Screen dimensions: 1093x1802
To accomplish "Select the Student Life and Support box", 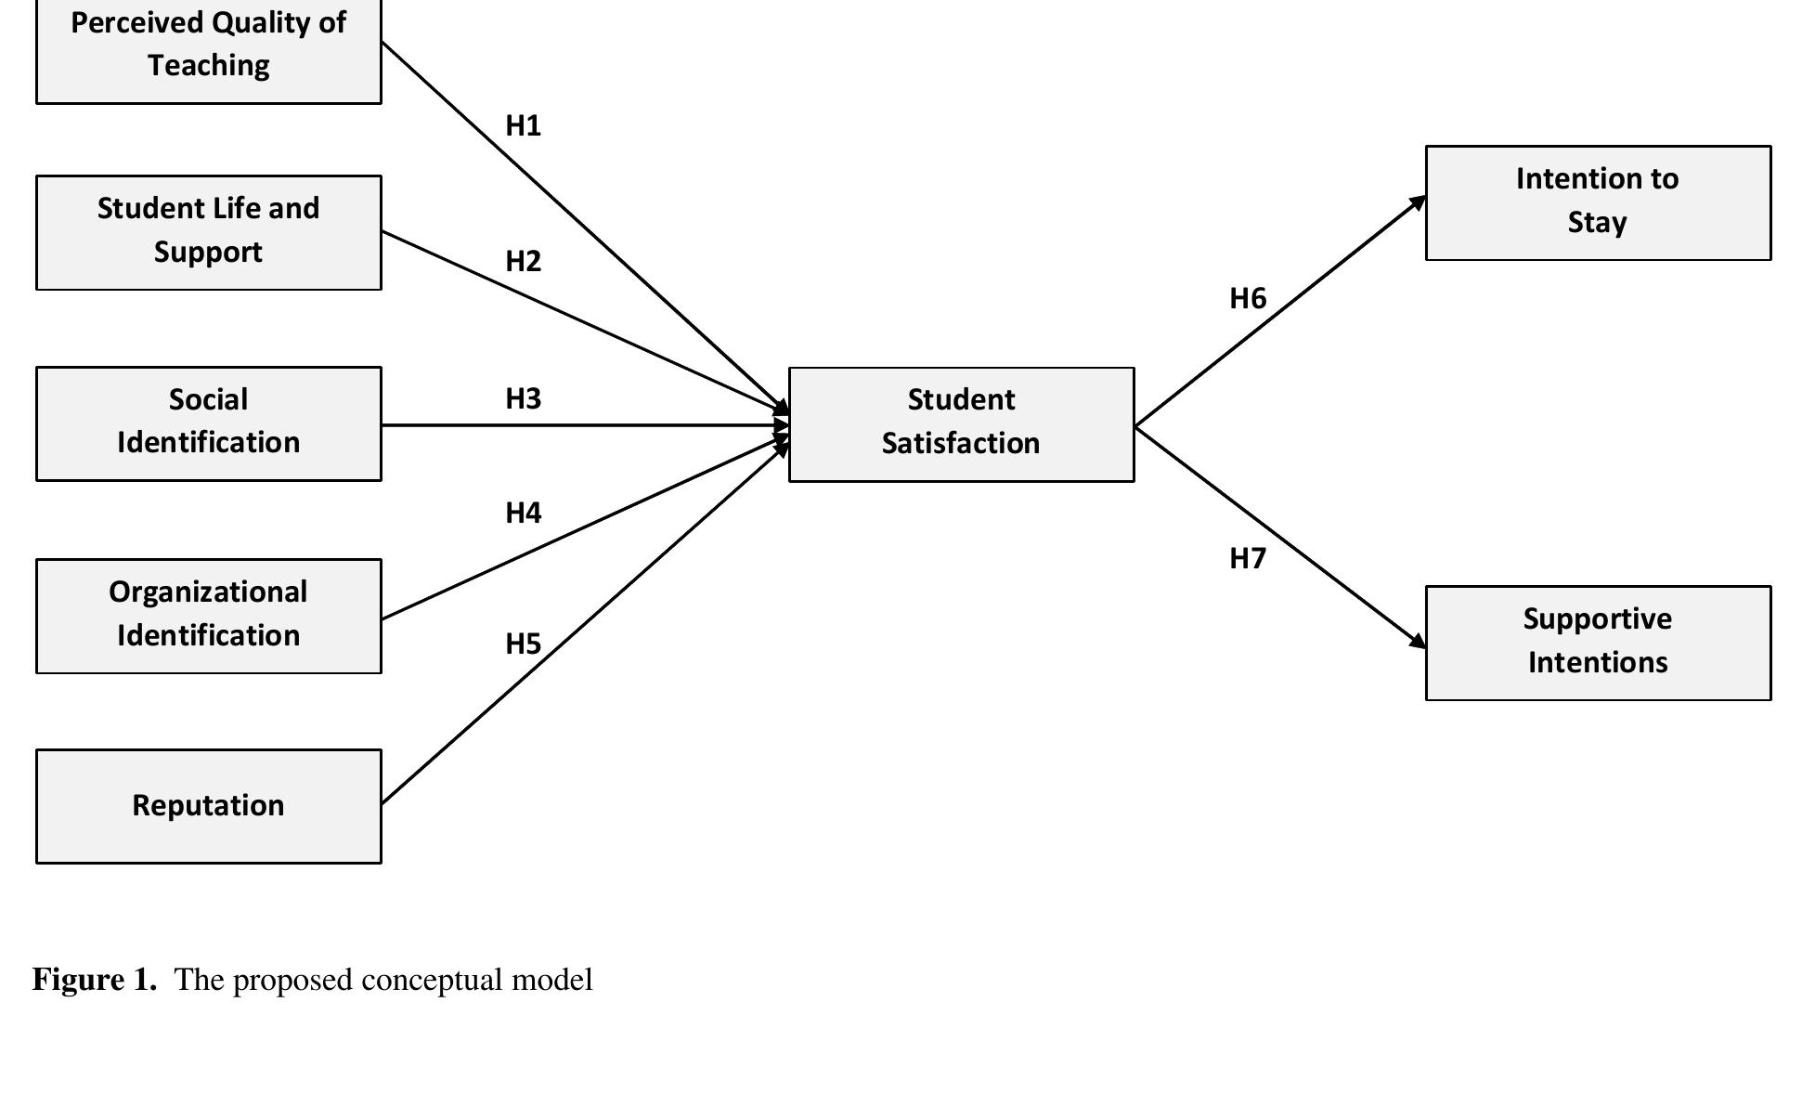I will click(x=208, y=232).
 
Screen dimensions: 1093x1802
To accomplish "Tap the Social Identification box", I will click(x=208, y=423).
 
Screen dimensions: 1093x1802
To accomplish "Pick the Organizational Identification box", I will click(x=208, y=616).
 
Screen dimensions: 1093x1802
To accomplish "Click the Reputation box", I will click(x=208, y=806).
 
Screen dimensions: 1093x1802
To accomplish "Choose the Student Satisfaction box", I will click(x=961, y=424).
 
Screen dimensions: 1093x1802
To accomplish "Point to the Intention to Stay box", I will click(x=1597, y=202).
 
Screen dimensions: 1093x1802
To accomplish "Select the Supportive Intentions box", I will click(x=1597, y=643).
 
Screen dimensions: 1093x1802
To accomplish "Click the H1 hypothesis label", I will click(x=523, y=125).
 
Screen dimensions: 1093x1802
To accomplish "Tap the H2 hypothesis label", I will click(x=523, y=262).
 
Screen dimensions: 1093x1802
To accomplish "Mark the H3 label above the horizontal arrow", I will click(x=523, y=398).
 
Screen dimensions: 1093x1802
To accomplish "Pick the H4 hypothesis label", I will click(x=523, y=513).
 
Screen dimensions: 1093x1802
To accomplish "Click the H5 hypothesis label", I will click(x=523, y=644).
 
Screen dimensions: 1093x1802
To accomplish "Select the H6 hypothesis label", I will click(x=1247, y=298).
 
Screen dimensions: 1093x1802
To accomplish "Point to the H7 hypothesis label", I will click(x=1247, y=558).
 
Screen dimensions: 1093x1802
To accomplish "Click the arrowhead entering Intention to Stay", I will click(x=1419, y=202).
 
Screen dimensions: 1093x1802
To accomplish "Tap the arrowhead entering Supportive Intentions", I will click(x=1419, y=642).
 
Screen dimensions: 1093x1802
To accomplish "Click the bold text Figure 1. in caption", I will click(x=95, y=980).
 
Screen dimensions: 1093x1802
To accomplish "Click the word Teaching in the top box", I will click(x=208, y=66).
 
